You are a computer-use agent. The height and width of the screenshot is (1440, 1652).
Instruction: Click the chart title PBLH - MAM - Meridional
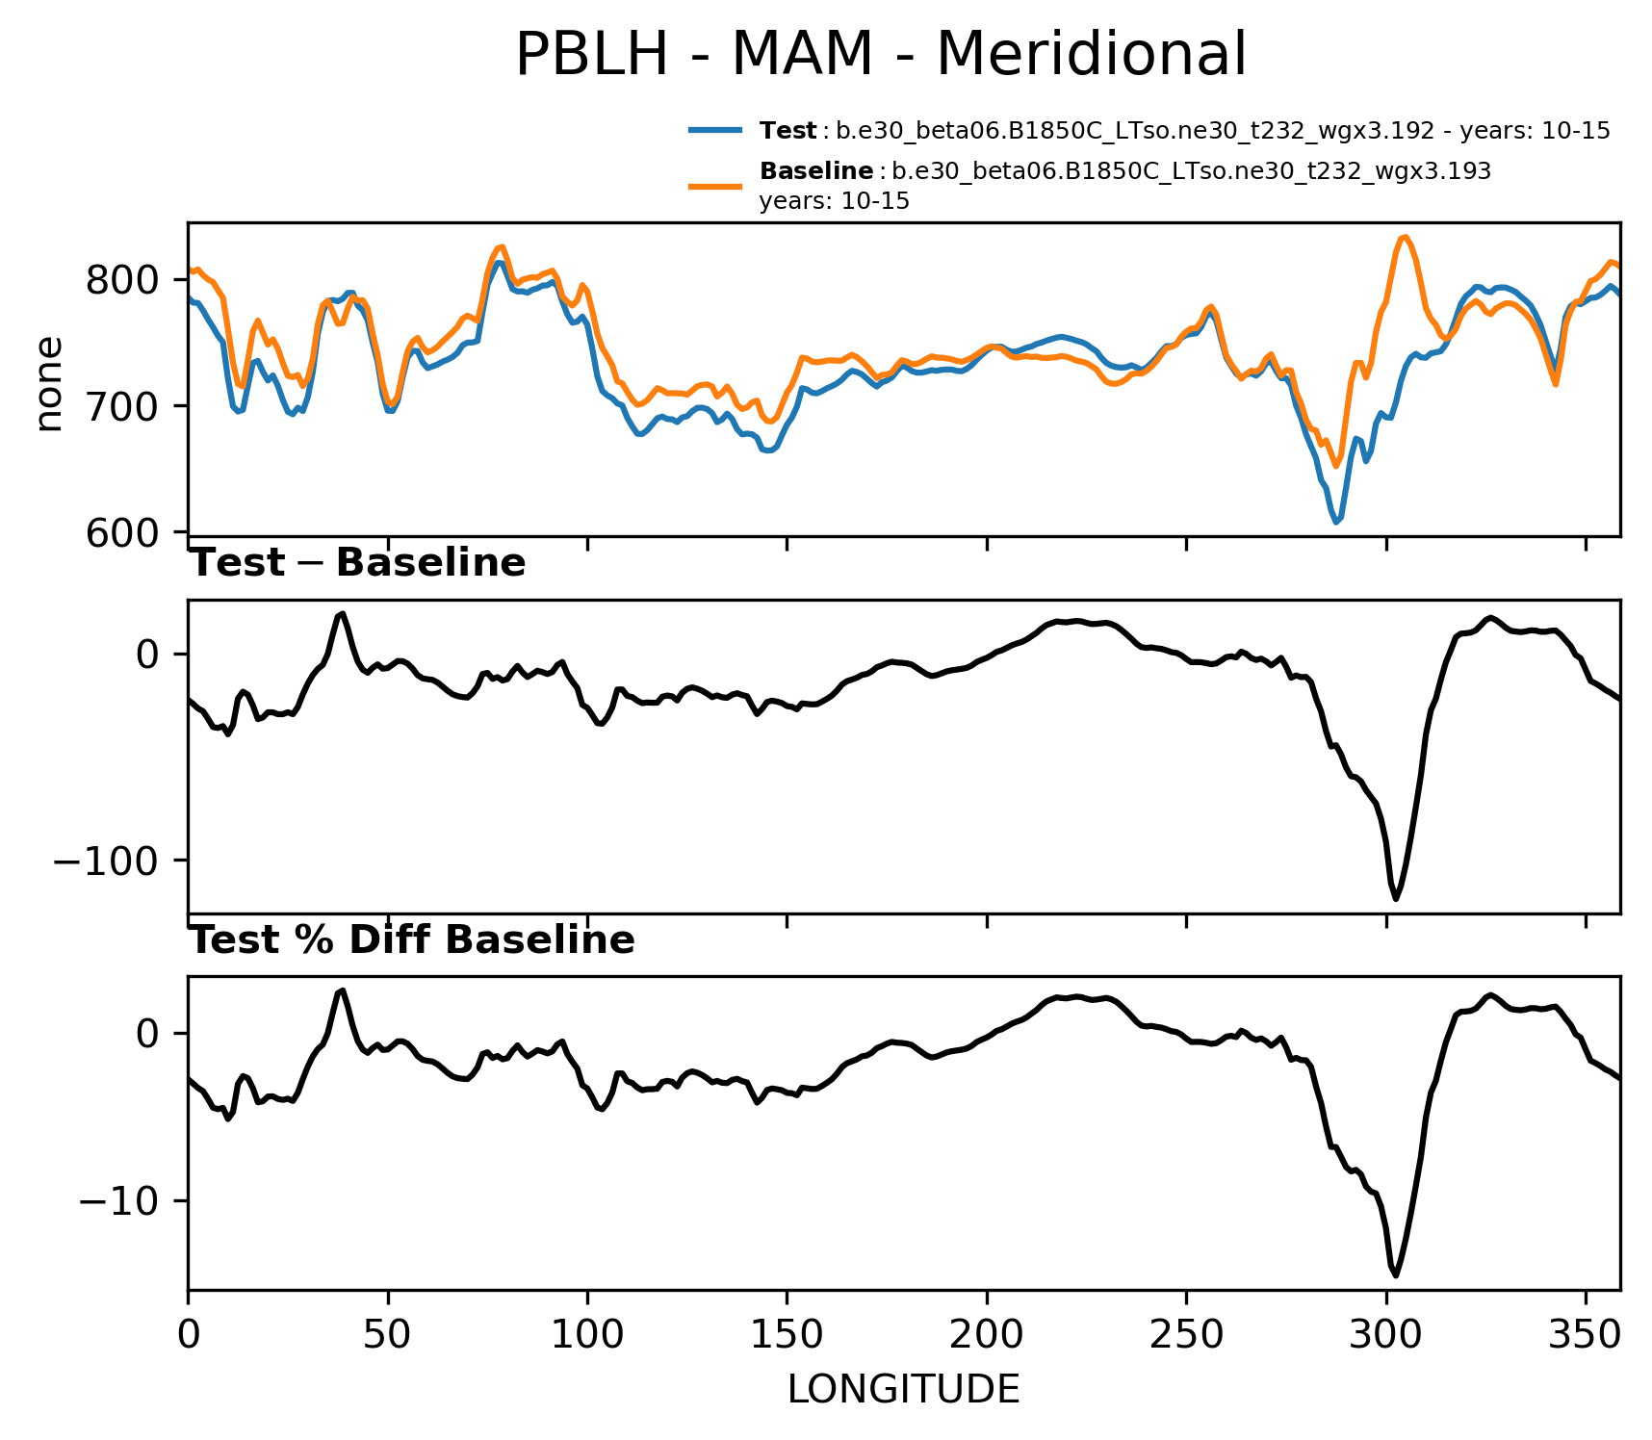coord(880,55)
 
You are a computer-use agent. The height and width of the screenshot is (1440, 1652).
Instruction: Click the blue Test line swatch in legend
coord(715,130)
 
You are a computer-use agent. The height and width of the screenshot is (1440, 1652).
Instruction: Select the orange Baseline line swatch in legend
coord(715,185)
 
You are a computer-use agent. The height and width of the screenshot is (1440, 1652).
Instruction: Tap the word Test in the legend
coord(787,131)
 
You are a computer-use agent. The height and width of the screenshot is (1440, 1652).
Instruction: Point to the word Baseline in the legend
coord(816,171)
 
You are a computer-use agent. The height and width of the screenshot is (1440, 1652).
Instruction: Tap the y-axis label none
coord(48,383)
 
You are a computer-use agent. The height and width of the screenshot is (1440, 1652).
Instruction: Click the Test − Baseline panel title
coord(357,563)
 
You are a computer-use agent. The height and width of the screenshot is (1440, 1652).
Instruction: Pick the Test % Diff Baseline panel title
coord(412,940)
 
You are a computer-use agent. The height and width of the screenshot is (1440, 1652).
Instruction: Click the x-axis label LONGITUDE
coord(903,1389)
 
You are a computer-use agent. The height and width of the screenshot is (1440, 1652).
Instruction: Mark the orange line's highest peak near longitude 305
coord(1406,236)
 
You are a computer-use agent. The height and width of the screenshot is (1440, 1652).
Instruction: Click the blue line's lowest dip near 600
coord(1336,522)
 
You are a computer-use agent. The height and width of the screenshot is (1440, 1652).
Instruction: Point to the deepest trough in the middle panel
coord(1395,899)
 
